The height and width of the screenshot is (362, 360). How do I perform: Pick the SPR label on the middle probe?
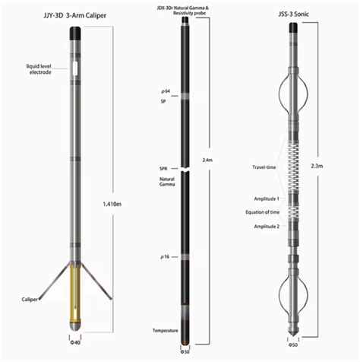(163, 167)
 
